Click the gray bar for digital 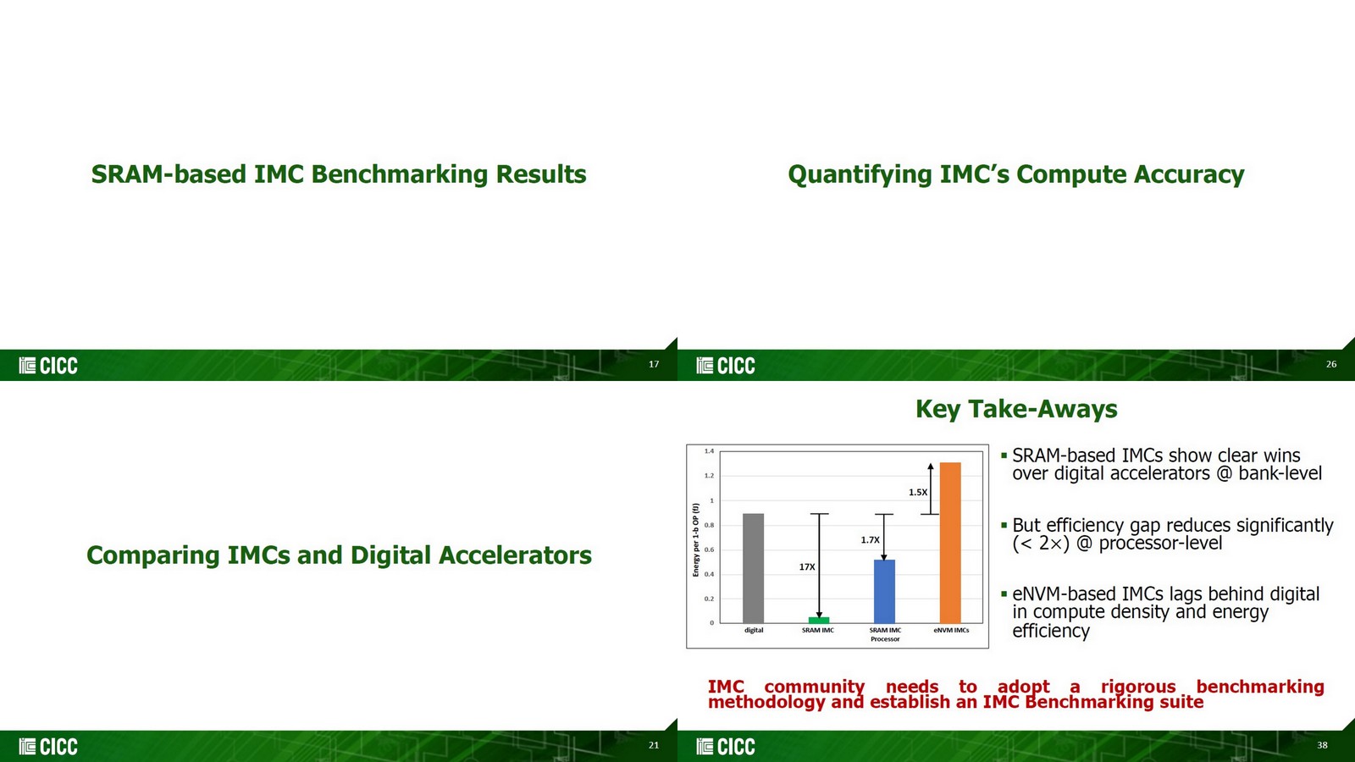753,568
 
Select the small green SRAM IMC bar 819,620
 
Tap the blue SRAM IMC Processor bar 884,591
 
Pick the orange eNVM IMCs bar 950,543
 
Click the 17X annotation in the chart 807,567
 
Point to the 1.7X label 870,540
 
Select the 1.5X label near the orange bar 918,493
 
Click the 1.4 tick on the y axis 709,451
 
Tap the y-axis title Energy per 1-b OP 696,540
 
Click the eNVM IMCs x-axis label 951,631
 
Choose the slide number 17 654,364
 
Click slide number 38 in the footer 1322,745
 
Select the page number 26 1331,364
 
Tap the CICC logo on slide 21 48,747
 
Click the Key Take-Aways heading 1016,409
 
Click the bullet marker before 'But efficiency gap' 1004,525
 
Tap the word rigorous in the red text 1138,687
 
